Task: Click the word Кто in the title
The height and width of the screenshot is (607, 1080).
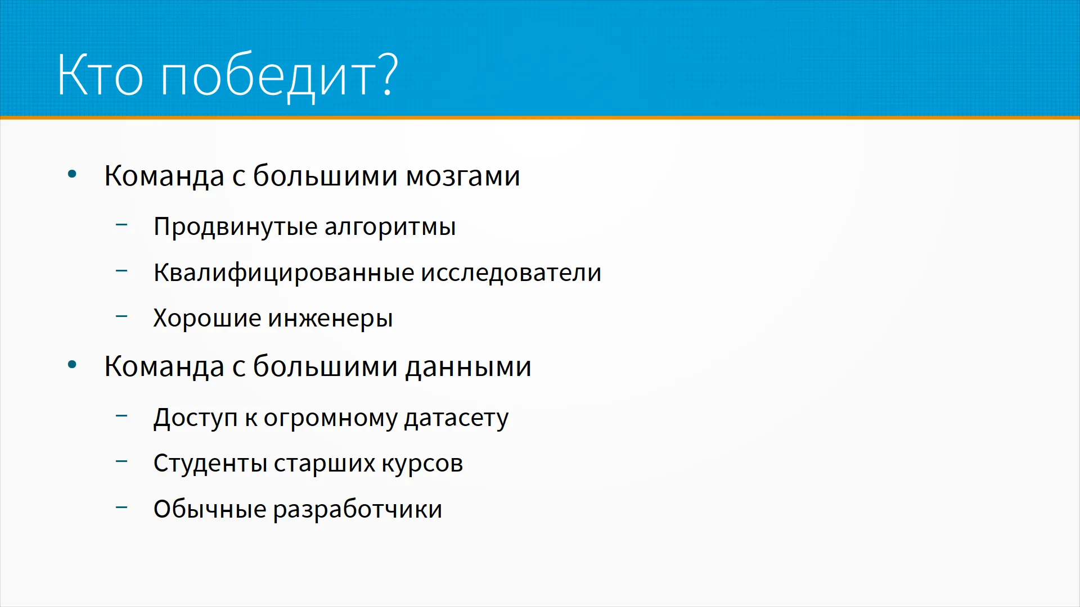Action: click(x=100, y=75)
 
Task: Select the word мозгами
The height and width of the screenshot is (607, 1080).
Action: click(x=463, y=176)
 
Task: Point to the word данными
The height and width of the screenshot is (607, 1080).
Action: click(x=468, y=366)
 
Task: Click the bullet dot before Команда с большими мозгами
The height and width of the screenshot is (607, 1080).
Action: click(x=72, y=174)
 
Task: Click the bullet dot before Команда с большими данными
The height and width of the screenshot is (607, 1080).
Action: click(x=72, y=365)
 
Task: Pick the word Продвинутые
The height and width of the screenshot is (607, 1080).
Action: click(x=236, y=227)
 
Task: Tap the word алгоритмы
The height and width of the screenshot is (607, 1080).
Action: click(x=390, y=227)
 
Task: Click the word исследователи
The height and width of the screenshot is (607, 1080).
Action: click(x=511, y=273)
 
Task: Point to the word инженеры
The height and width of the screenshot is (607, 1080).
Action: click(x=330, y=319)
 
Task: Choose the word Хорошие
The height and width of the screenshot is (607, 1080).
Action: click(x=208, y=318)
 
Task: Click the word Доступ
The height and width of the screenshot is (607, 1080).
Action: click(x=196, y=418)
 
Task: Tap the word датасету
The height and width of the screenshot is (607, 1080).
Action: click(x=456, y=418)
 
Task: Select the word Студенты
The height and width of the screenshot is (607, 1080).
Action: click(x=210, y=464)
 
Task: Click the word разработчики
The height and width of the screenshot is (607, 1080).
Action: click(x=358, y=510)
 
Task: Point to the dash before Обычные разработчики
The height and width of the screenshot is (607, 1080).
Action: click(x=121, y=508)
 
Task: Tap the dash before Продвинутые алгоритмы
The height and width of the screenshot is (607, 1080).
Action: click(x=121, y=225)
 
